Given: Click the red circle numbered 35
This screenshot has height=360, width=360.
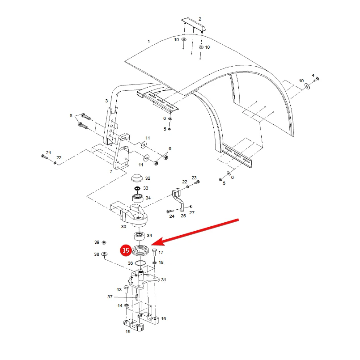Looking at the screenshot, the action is [x=126, y=250].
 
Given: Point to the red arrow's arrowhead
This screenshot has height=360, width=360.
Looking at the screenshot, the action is [x=158, y=242].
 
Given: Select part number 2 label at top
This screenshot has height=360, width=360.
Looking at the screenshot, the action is [x=200, y=19].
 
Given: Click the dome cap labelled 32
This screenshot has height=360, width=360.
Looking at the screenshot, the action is [x=137, y=178].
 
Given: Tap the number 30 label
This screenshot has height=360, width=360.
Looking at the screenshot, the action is [x=123, y=227].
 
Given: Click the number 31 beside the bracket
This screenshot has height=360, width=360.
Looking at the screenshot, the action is [x=163, y=280].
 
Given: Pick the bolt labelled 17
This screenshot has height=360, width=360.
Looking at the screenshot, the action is [x=154, y=252].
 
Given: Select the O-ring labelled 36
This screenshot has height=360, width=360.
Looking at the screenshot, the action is [x=140, y=263].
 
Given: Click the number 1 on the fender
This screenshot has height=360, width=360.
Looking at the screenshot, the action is [x=149, y=41].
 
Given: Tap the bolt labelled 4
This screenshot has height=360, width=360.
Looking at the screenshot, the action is [x=316, y=80].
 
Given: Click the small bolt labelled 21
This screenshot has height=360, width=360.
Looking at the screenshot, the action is [x=44, y=157].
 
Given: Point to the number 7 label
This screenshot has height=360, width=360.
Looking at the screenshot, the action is [x=111, y=172].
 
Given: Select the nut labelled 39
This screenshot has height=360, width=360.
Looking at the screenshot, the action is [x=104, y=242].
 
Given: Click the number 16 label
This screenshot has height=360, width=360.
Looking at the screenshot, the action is [x=163, y=318].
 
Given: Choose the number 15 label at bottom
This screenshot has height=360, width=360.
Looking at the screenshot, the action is [x=128, y=331].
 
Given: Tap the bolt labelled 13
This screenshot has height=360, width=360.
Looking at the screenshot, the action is [x=126, y=289].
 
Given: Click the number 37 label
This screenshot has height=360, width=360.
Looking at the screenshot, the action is [x=110, y=296].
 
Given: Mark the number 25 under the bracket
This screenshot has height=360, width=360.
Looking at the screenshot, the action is [x=183, y=216].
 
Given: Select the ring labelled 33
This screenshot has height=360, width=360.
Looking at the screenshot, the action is [x=137, y=188].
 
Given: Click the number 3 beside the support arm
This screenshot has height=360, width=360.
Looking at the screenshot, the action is [x=106, y=101].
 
